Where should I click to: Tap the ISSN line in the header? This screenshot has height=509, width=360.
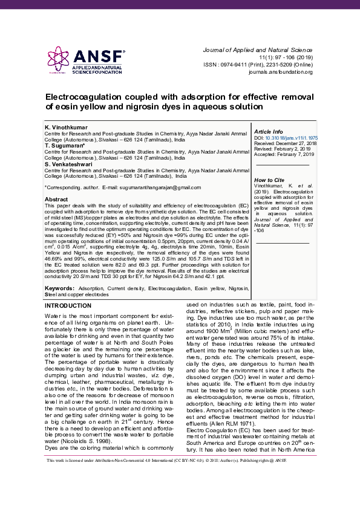[258, 64]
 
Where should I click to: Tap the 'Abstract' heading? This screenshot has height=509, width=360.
[56, 199]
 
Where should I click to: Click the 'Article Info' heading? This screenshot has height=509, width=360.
[268, 131]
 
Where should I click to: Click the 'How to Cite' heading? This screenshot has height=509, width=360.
[269, 180]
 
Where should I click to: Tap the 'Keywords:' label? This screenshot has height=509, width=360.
[60, 289]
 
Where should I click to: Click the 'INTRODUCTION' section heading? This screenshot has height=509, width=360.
[68, 306]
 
